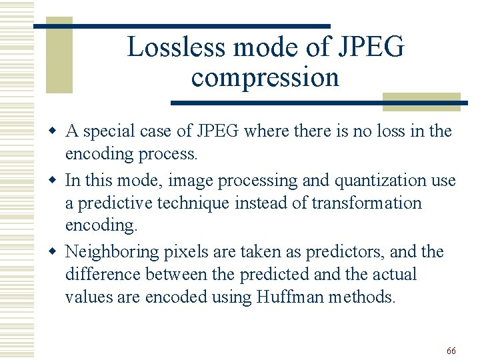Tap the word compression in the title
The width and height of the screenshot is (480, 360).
click(265, 77)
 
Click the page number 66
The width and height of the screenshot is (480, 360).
click(451, 351)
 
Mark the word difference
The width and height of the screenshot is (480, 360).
click(103, 274)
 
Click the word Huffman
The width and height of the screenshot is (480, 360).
click(291, 297)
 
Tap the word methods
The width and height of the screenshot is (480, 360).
click(362, 297)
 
